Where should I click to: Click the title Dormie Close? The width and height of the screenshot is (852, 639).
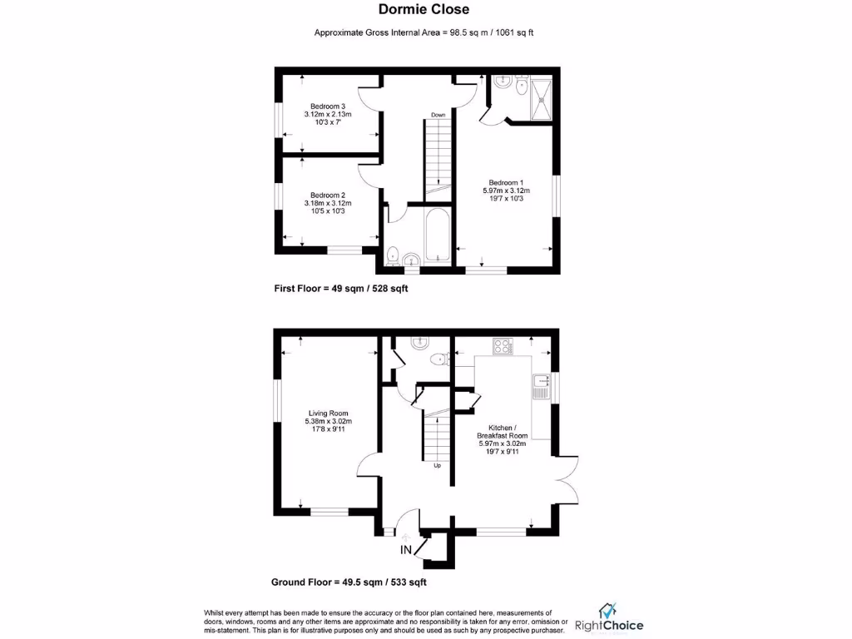[x=425, y=10]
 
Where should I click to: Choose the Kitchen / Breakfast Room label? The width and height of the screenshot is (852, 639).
[x=502, y=440]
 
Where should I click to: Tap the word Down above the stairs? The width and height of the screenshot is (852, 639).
[x=438, y=115]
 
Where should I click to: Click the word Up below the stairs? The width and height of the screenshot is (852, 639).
[x=437, y=465]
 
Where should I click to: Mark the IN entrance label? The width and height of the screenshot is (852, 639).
[x=407, y=550]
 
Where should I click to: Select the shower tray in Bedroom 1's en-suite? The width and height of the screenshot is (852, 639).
[x=542, y=97]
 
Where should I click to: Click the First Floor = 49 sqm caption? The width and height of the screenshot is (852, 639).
[x=340, y=289]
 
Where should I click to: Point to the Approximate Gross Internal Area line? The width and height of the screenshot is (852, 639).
[x=425, y=32]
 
